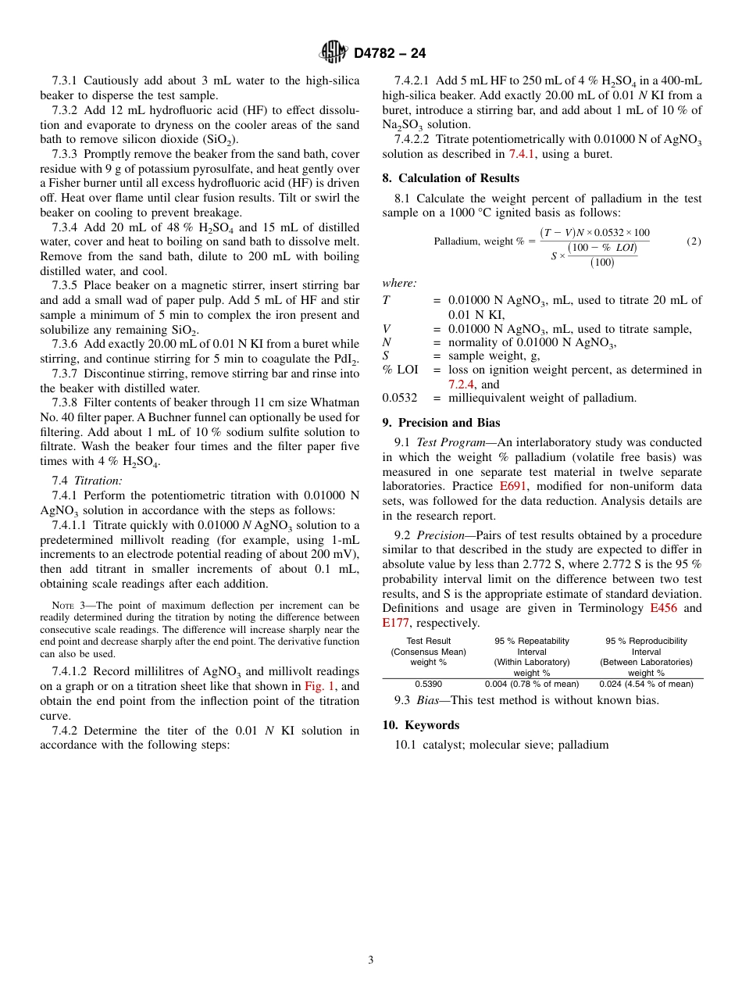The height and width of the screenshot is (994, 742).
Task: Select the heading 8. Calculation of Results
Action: point(451,177)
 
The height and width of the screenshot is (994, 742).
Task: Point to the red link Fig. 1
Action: point(319,686)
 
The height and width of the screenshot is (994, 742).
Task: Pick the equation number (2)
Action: point(694,241)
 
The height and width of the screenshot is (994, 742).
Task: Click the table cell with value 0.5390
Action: point(428,684)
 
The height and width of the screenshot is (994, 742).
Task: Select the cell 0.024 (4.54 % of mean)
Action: point(646,684)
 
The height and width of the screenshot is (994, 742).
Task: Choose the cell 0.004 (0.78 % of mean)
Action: point(532,684)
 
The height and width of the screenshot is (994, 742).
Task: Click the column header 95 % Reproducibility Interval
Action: point(646,646)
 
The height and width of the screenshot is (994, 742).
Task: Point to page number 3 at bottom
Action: point(371,960)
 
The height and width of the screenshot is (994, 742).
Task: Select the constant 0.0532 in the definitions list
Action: point(399,398)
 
